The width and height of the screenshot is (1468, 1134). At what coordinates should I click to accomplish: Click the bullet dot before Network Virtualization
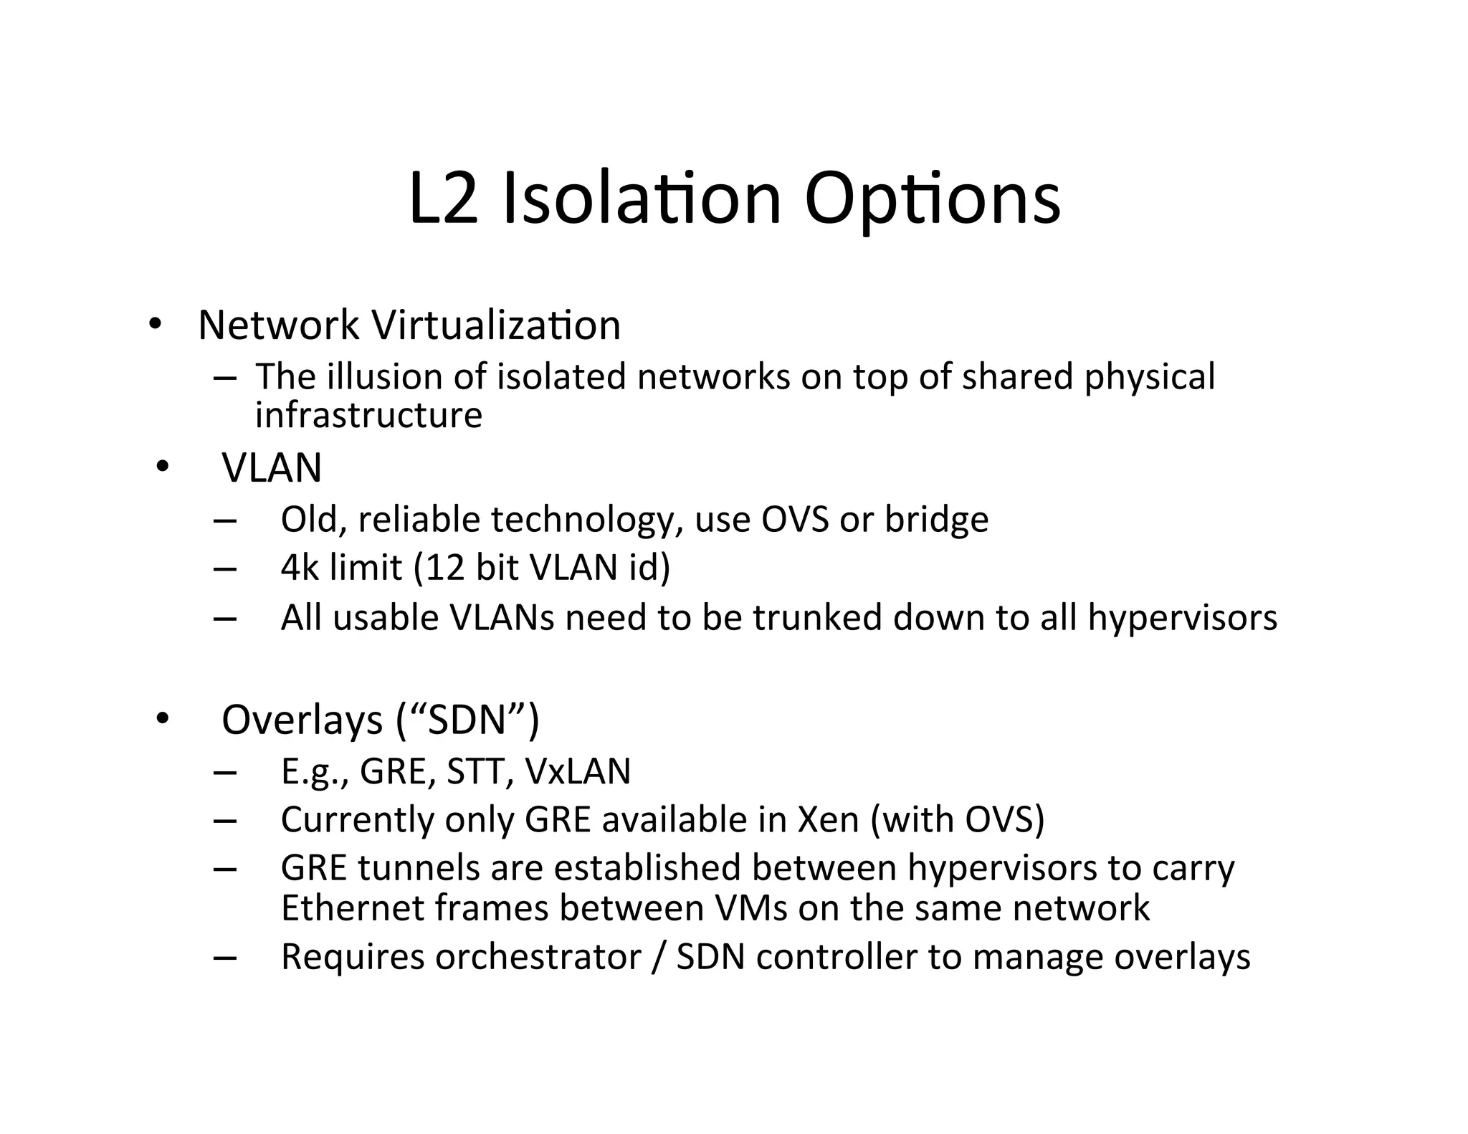point(155,324)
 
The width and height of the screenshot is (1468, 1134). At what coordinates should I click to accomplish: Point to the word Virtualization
point(496,325)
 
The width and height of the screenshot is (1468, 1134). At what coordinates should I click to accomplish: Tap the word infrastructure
point(368,415)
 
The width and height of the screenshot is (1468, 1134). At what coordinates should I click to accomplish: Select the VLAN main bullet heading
point(272,467)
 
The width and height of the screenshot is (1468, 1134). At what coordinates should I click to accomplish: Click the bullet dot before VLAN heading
point(162,467)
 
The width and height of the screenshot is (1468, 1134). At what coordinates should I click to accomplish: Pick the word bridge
point(936,519)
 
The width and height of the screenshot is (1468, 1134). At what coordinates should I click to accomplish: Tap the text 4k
point(300,568)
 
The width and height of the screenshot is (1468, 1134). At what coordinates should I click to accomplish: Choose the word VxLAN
point(578,771)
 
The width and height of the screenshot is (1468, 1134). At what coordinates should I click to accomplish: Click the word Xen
point(828,819)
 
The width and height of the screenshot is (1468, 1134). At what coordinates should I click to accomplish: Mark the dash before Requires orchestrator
point(225,958)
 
